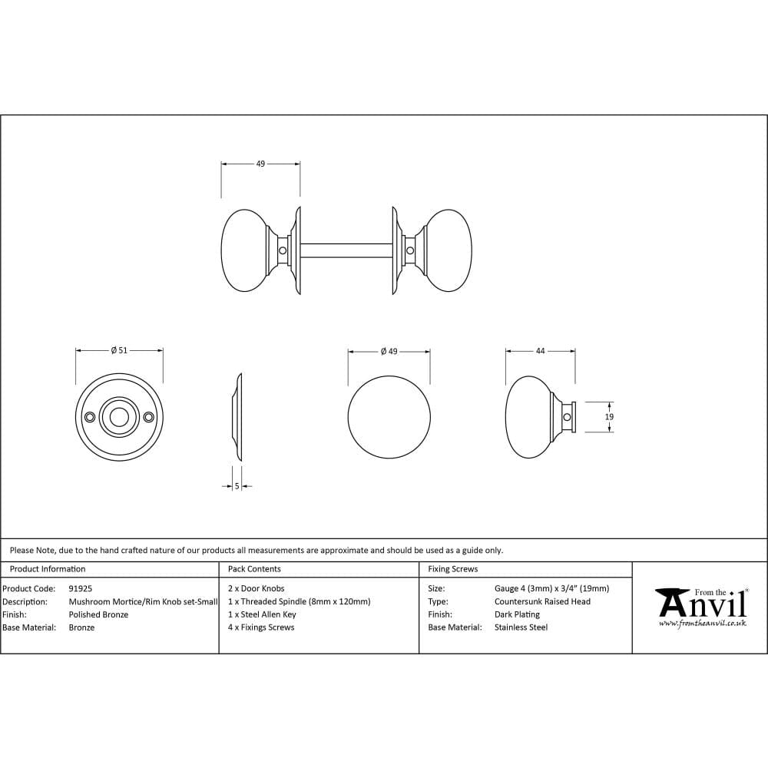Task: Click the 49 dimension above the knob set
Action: coord(260,164)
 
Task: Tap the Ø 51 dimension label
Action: coord(119,350)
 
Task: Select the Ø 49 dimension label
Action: coord(389,351)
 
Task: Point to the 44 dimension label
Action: coord(540,350)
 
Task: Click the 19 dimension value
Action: coord(609,416)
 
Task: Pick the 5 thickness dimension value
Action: coord(237,485)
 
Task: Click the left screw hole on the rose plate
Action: coord(91,417)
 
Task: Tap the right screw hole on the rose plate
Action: coord(148,417)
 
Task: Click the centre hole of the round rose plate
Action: coord(119,417)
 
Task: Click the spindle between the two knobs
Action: coord(346,250)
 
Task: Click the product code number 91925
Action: coord(81,588)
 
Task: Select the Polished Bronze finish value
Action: coord(98,614)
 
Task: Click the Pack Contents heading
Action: coord(254,569)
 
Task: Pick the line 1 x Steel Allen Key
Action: coord(262,614)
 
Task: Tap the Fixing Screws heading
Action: coord(452,569)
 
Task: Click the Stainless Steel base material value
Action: coord(521,627)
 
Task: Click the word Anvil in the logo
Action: coord(702,604)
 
